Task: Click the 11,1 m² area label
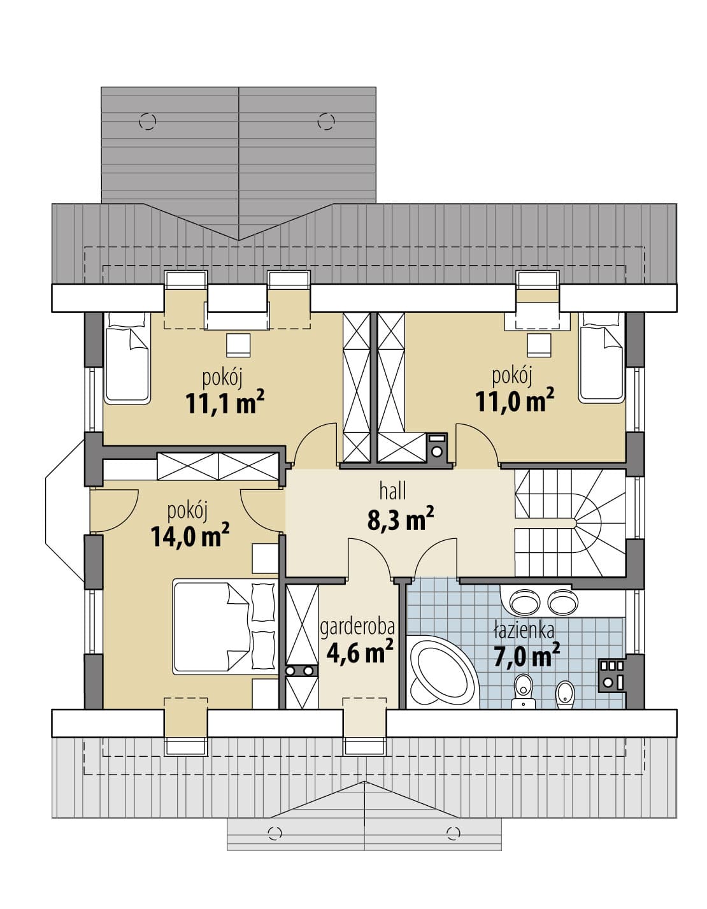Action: [x=225, y=403]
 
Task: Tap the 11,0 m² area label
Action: [x=515, y=400]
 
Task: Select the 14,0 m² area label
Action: [x=190, y=536]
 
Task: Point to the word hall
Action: [x=392, y=491]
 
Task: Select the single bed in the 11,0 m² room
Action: [x=602, y=357]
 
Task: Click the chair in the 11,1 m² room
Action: [x=238, y=345]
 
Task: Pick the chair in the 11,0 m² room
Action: [x=539, y=345]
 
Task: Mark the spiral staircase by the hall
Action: [x=570, y=523]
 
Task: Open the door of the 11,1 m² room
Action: [x=316, y=444]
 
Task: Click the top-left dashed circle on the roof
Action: [x=147, y=121]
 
